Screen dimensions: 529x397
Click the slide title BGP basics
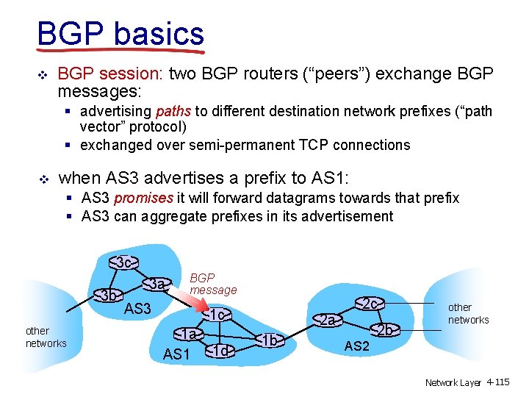(x=120, y=33)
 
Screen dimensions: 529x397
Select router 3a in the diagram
(x=156, y=283)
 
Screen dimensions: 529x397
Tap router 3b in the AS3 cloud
(x=109, y=296)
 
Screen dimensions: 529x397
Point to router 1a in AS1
(x=189, y=335)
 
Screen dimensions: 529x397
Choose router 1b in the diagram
(x=270, y=340)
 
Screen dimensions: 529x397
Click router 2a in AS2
(x=328, y=320)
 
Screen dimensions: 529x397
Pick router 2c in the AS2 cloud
(x=370, y=303)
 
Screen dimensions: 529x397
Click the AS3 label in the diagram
(x=137, y=309)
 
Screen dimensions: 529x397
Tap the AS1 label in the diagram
(x=176, y=354)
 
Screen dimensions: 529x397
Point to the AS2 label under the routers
(x=356, y=346)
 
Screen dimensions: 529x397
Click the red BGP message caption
(x=212, y=284)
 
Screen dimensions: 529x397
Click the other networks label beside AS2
(x=468, y=313)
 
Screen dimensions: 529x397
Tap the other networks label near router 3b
(x=46, y=337)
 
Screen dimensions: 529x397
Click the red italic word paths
(x=173, y=112)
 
